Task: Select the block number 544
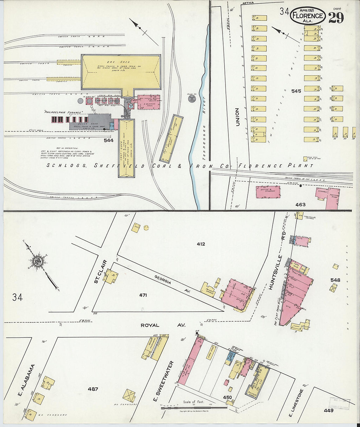click(108, 140)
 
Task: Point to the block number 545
click(296, 91)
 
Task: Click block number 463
click(300, 205)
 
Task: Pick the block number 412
click(201, 244)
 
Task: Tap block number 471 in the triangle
click(143, 295)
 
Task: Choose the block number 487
click(93, 389)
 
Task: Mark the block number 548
click(335, 280)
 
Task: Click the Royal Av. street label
click(163, 325)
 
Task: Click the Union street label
click(238, 117)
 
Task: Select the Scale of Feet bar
click(193, 407)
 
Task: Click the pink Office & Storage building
click(268, 192)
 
